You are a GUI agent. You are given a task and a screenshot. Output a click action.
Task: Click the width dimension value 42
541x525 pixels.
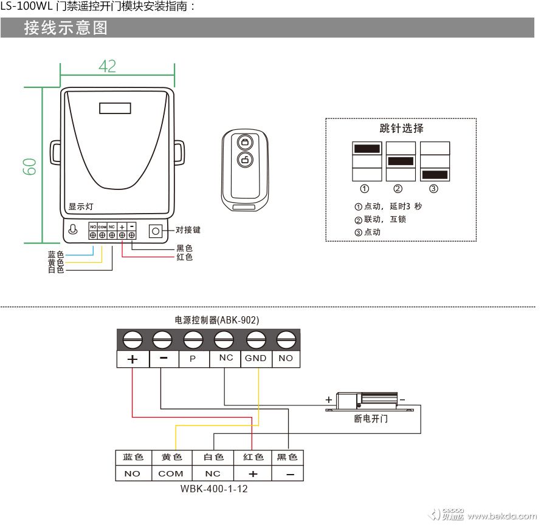coord(107,66)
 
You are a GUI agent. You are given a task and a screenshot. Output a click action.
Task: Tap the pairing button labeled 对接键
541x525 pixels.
coord(156,231)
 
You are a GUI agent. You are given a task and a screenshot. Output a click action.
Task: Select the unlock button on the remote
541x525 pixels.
coord(244,161)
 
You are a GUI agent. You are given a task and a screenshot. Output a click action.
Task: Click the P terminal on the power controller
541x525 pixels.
coord(193,359)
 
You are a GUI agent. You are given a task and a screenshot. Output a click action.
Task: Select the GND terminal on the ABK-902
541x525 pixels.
coord(255,358)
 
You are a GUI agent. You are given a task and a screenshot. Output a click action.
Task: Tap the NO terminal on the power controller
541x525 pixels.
coord(286,358)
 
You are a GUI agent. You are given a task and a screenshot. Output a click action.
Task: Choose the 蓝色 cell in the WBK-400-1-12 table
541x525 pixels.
coord(133,458)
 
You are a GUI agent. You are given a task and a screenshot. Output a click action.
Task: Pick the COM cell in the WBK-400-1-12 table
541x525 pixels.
coord(170,473)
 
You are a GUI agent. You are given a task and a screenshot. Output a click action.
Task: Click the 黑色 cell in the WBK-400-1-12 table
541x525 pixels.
coord(287,458)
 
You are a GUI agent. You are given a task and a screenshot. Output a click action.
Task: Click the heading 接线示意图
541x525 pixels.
coord(66,28)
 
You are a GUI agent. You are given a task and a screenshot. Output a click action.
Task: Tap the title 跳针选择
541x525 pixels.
coord(401,128)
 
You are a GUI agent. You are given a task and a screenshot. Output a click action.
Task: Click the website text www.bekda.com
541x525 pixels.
coord(502,516)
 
